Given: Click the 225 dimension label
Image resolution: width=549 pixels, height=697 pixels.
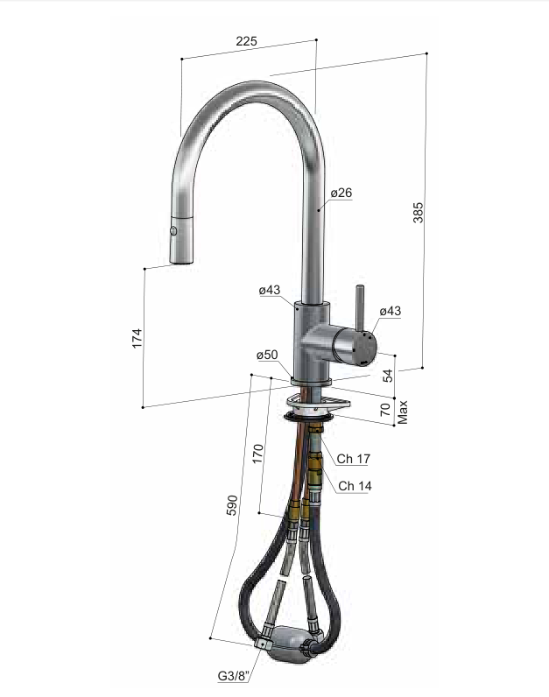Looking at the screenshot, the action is [246, 41].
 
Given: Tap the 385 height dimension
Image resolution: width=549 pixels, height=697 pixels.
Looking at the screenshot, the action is [418, 213].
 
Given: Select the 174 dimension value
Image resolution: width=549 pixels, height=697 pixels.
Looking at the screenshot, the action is [137, 338].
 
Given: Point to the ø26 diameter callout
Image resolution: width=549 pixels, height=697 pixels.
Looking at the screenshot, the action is [341, 193].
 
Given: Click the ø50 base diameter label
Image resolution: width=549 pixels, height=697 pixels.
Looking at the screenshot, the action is [267, 355].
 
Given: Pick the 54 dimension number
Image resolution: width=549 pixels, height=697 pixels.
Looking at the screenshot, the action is [388, 376].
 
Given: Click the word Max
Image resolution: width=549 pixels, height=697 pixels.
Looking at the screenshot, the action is [402, 412].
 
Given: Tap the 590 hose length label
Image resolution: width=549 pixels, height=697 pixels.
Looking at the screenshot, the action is [232, 505].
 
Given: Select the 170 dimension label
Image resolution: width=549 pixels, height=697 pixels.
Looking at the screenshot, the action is [257, 454].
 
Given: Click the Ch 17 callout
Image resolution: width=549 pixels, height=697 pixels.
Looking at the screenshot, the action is [354, 458].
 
